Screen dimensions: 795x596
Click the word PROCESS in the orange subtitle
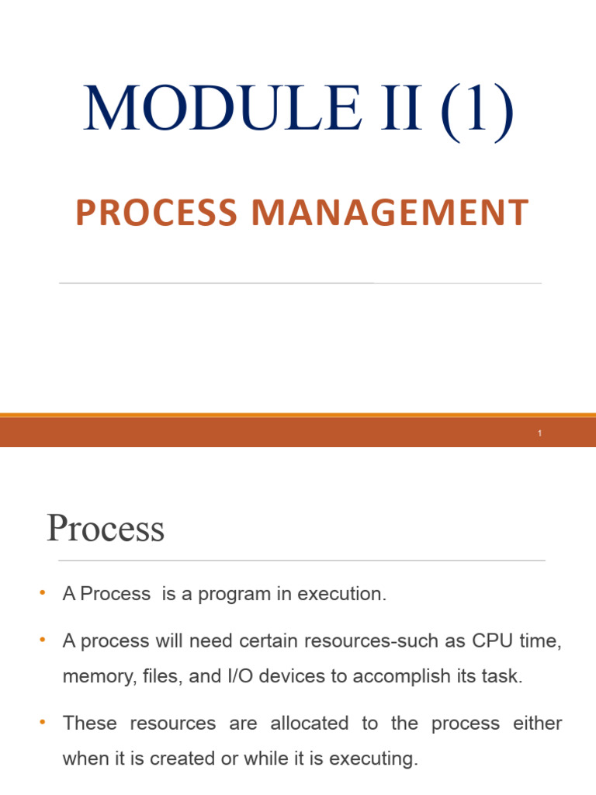156,214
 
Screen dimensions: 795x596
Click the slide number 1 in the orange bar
539,433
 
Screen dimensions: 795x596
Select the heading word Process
106,529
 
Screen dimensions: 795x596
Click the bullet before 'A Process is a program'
43,594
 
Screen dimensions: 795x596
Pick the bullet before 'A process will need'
43,641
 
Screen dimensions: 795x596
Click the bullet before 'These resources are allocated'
43,723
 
